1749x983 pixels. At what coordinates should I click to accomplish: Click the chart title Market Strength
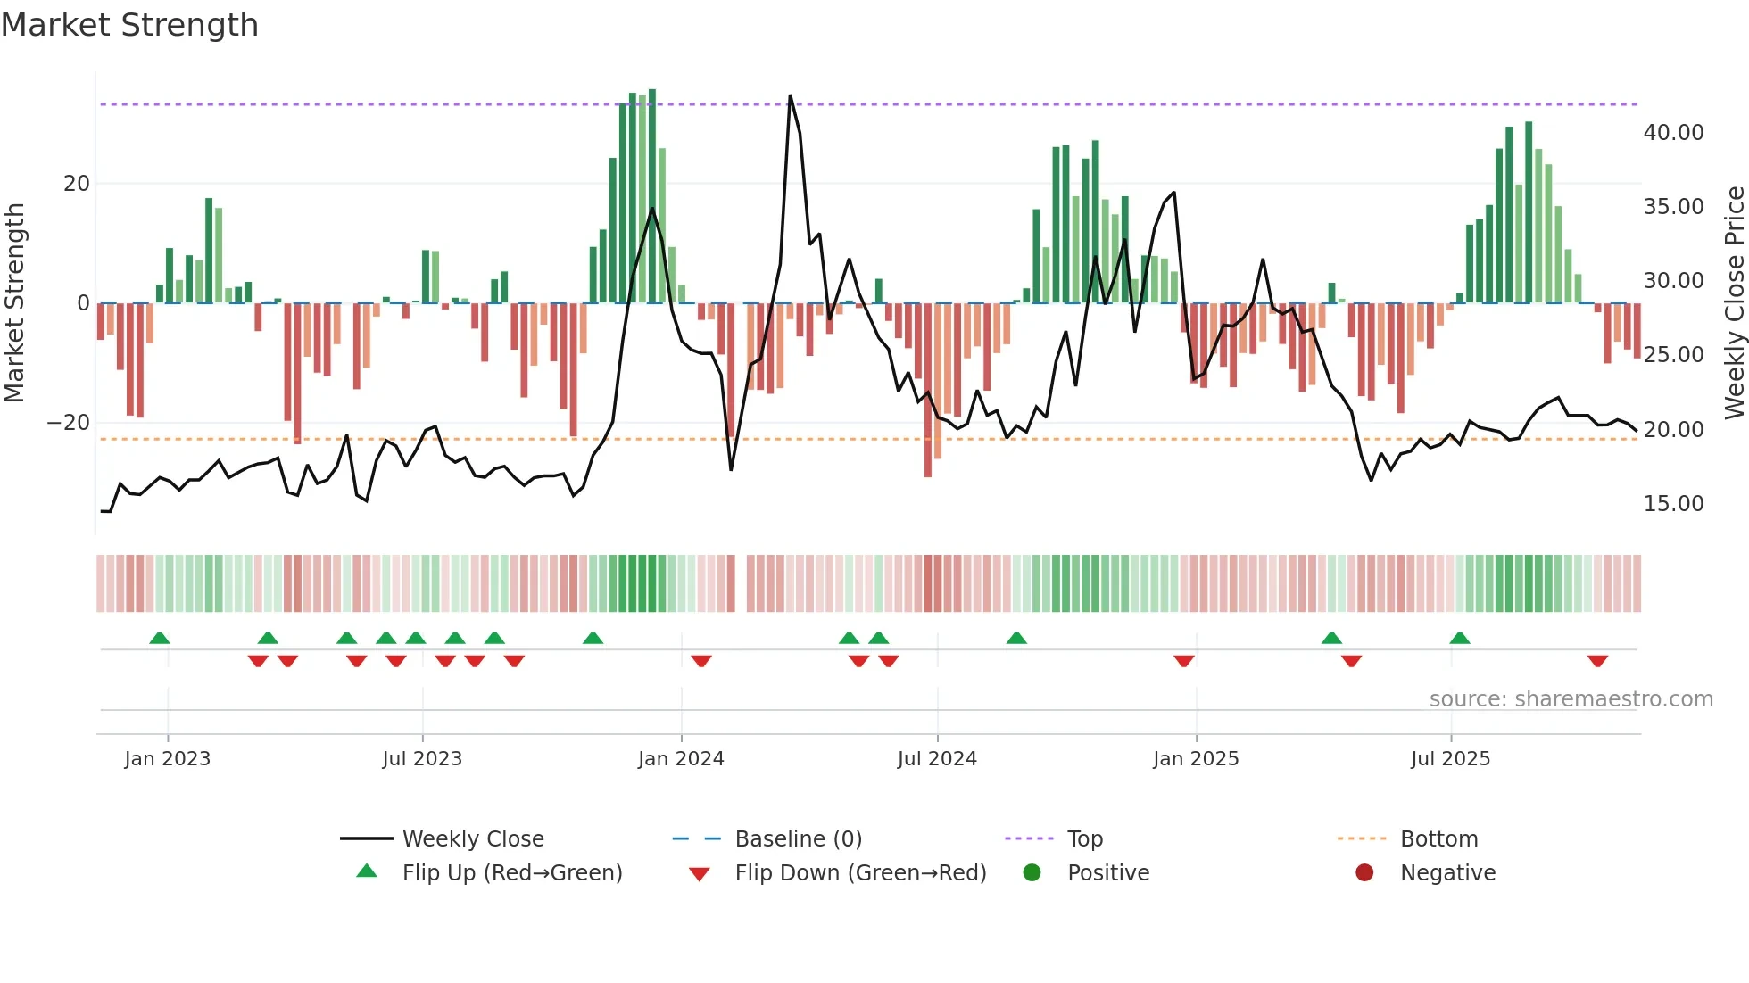pos(129,25)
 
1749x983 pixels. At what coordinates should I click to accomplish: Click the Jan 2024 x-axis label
pos(681,759)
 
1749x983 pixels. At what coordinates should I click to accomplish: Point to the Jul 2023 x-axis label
pos(422,759)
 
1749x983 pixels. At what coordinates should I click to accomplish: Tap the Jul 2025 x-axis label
pos(1450,759)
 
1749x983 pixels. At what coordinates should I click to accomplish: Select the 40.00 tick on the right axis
pos(1673,133)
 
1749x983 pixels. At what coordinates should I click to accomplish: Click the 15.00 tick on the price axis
pos(1673,504)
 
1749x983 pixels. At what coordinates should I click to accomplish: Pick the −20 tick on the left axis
pos(69,423)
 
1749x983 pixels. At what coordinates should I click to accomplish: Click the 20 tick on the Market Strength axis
pos(77,184)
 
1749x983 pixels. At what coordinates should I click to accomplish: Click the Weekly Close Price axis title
pos(1734,303)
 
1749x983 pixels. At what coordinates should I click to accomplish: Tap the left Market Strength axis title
pos(14,303)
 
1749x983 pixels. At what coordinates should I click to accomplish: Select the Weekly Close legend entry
pos(472,839)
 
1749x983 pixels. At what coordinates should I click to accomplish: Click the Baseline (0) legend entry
pos(798,839)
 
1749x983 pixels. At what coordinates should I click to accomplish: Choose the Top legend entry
pos(1084,839)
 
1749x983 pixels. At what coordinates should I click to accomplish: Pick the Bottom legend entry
pos(1438,839)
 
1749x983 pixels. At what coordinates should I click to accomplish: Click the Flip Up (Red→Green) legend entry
pos(511,873)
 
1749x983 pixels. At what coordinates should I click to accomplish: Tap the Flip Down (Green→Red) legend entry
pos(860,873)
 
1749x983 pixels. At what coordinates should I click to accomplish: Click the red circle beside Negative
pos(1364,872)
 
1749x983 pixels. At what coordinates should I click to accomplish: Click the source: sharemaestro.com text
pos(1571,699)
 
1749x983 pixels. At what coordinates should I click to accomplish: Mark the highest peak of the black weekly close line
pos(790,96)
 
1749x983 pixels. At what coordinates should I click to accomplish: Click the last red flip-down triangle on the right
pos(1597,661)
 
